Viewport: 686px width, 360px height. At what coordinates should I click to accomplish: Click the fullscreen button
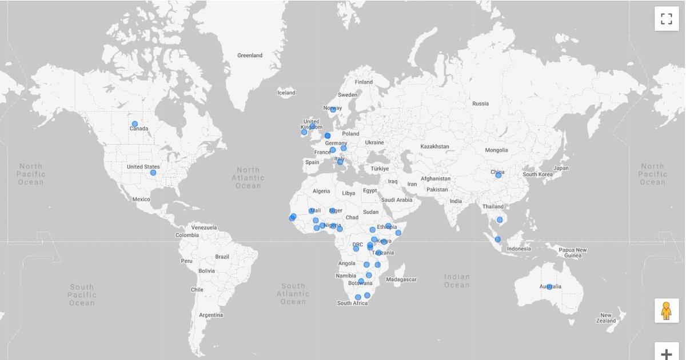coord(667,19)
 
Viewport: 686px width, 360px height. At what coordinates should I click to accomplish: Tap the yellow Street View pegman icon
coord(667,311)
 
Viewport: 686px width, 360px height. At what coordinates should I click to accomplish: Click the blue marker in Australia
coord(549,287)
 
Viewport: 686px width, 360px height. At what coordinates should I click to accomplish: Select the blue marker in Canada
coord(135,124)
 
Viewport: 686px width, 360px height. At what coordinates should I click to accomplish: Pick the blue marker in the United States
coord(153,173)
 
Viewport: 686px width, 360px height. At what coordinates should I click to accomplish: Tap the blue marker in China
coord(498,175)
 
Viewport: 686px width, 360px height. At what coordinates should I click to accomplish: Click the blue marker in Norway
coord(333,110)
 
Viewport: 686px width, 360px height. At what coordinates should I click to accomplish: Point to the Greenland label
coord(250,55)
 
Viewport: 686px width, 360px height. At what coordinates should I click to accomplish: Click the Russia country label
coord(480,103)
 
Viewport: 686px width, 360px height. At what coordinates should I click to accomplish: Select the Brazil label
coord(222,257)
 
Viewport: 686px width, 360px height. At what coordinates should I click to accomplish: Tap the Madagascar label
coord(402,279)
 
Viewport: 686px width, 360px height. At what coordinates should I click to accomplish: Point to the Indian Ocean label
coord(457,281)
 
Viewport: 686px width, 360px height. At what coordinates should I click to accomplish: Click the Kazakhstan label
coord(434,147)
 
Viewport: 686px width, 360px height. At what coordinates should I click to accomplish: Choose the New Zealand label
coord(607,318)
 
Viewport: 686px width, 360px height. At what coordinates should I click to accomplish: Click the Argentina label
coord(211,315)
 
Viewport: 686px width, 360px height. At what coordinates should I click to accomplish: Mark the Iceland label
coord(286,93)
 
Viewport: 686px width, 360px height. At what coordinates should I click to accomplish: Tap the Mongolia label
coord(496,150)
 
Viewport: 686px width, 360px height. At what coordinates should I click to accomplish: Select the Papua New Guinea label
coord(573,253)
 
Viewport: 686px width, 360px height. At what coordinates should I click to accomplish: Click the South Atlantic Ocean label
coord(293,294)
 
